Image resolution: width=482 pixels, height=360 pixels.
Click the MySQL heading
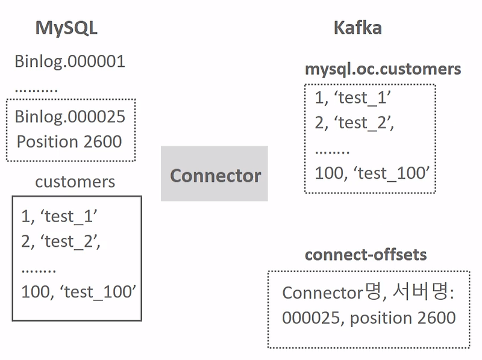tap(66, 28)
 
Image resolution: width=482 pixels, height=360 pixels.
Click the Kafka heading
tap(357, 28)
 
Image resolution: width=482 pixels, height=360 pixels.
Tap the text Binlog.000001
tap(70, 61)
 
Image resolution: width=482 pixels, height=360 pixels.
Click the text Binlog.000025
tap(70, 116)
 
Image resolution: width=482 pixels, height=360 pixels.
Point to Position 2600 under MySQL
tap(69, 141)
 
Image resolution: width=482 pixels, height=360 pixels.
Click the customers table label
tap(75, 181)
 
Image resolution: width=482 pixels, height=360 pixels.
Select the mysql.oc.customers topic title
tap(383, 69)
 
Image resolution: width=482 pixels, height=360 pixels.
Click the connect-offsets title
tap(366, 254)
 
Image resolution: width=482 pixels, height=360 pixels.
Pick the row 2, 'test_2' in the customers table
tap(60, 241)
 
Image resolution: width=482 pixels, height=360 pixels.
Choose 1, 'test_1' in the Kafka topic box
tap(349, 97)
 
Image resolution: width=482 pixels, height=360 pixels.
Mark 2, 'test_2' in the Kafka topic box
tap(354, 122)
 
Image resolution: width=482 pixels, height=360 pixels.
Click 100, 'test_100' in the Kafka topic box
tap(372, 173)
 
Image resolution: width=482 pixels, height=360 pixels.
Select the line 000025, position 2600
tap(369, 317)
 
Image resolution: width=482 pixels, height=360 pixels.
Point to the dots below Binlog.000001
tap(36, 89)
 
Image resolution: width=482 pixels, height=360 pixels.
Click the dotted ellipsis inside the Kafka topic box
tap(332, 149)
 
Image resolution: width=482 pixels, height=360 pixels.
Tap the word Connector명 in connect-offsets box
tap(332, 293)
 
